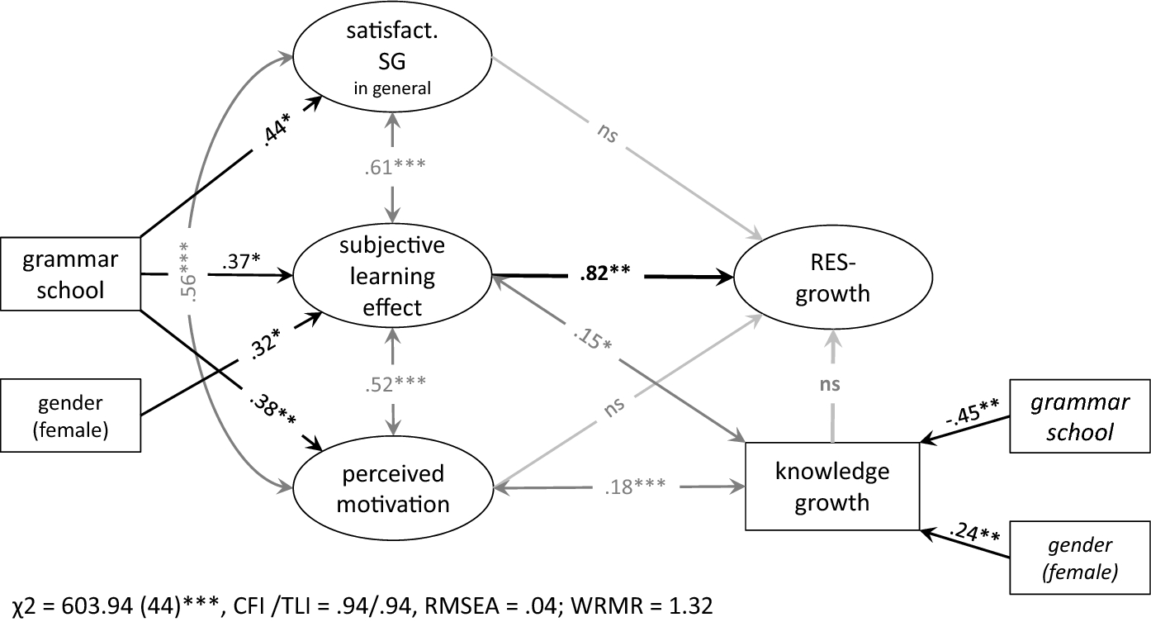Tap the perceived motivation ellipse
tap(393, 488)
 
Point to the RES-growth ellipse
tap(833, 278)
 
